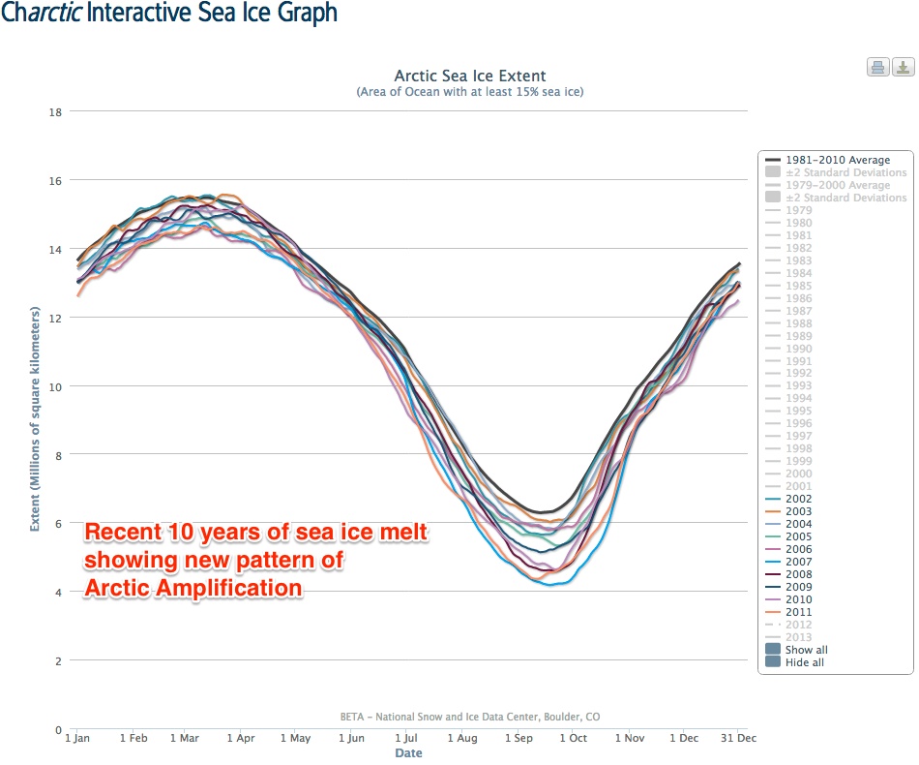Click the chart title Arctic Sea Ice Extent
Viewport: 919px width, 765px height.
[470, 76]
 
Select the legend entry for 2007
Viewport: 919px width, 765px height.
[799, 562]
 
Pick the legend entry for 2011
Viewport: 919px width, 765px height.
[799, 612]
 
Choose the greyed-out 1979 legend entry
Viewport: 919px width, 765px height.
[799, 210]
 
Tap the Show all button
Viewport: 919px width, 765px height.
[806, 650]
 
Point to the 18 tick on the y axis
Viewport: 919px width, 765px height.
[55, 112]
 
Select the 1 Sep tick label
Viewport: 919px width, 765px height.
[519, 738]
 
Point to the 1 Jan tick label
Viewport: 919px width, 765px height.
[77, 738]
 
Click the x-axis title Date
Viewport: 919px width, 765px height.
[408, 752]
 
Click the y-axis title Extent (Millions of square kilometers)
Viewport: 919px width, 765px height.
[35, 418]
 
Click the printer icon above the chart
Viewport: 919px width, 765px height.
[877, 67]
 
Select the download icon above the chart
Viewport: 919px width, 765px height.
[903, 67]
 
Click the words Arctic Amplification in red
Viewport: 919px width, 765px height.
[193, 588]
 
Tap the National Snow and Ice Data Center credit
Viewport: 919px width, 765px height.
[470, 717]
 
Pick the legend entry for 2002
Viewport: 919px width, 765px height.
[799, 499]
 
